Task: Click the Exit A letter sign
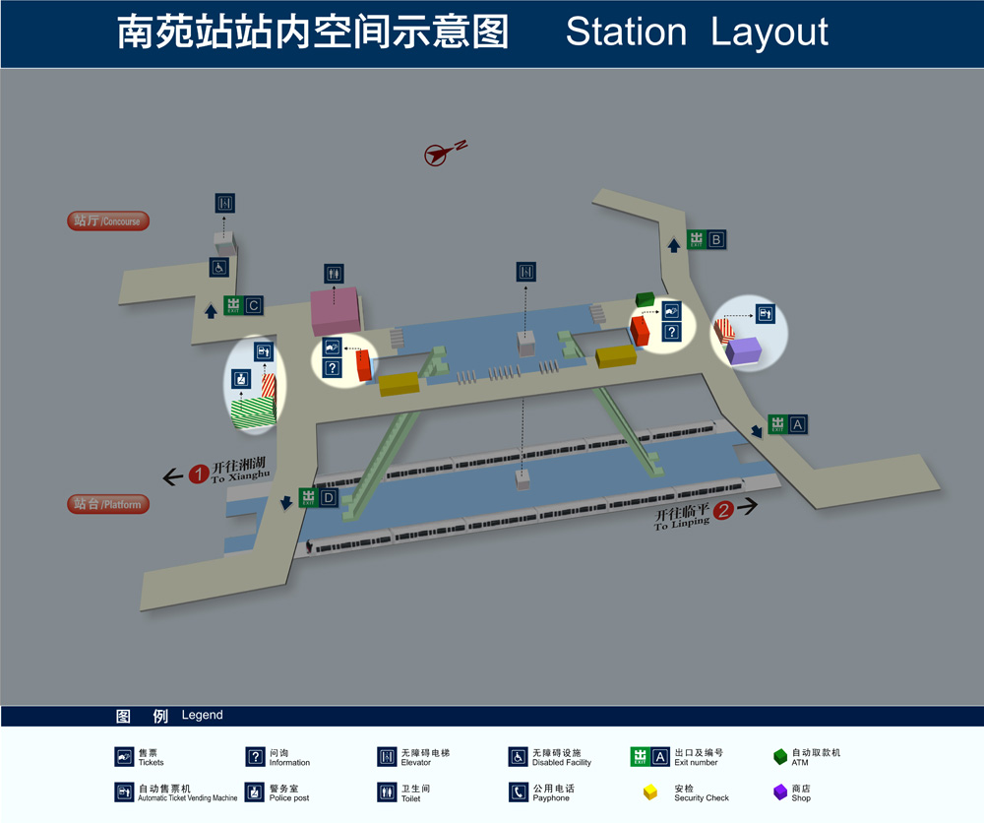[x=797, y=424]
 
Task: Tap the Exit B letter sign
[x=716, y=239]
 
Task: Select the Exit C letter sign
[x=253, y=306]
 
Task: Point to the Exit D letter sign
[x=329, y=498]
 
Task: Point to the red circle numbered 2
[x=723, y=510]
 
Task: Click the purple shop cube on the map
[x=743, y=350]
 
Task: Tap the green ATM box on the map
[x=646, y=298]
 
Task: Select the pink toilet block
[x=336, y=310]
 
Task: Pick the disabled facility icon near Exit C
[x=219, y=267]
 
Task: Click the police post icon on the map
[x=240, y=379]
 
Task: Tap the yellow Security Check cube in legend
[x=650, y=792]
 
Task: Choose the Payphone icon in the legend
[x=518, y=792]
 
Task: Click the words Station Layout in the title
[x=697, y=32]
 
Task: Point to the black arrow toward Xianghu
[x=172, y=477]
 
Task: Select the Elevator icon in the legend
[x=386, y=757]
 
